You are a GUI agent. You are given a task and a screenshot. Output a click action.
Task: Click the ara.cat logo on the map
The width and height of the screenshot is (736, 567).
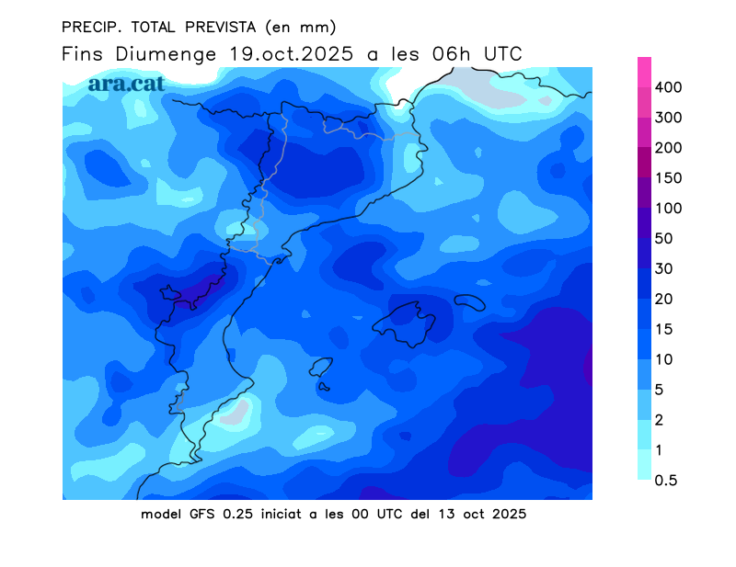pos(126,83)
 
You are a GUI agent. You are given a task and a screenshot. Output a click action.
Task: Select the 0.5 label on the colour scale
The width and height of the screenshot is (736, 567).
pos(665,480)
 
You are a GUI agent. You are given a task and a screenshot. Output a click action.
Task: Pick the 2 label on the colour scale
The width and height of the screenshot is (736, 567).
pos(660,420)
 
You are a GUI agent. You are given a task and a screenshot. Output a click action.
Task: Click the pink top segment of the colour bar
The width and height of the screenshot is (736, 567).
pos(645,72)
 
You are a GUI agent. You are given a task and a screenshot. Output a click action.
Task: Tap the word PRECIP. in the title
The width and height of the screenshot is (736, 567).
pos(89,26)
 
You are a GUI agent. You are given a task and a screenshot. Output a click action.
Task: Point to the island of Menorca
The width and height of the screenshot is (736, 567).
pos(469,302)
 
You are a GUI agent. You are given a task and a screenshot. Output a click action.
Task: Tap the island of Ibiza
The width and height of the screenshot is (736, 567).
pos(320,369)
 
